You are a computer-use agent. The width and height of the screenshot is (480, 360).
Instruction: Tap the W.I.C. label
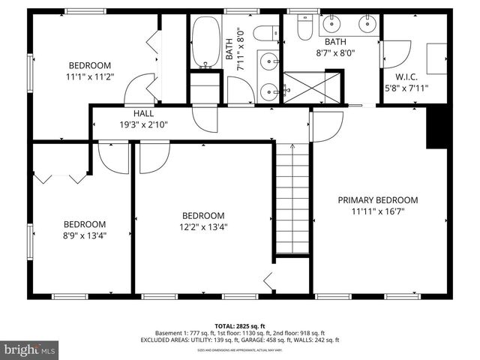(x=410, y=76)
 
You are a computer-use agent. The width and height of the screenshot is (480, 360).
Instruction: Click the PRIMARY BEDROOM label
(x=377, y=200)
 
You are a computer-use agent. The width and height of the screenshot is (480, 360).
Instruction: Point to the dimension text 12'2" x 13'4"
(x=202, y=226)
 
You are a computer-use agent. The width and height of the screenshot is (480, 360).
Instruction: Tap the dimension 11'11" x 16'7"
(x=377, y=212)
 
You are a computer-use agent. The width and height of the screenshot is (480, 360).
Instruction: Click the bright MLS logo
(x=30, y=349)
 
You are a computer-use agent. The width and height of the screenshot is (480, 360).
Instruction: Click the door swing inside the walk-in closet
(x=395, y=54)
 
